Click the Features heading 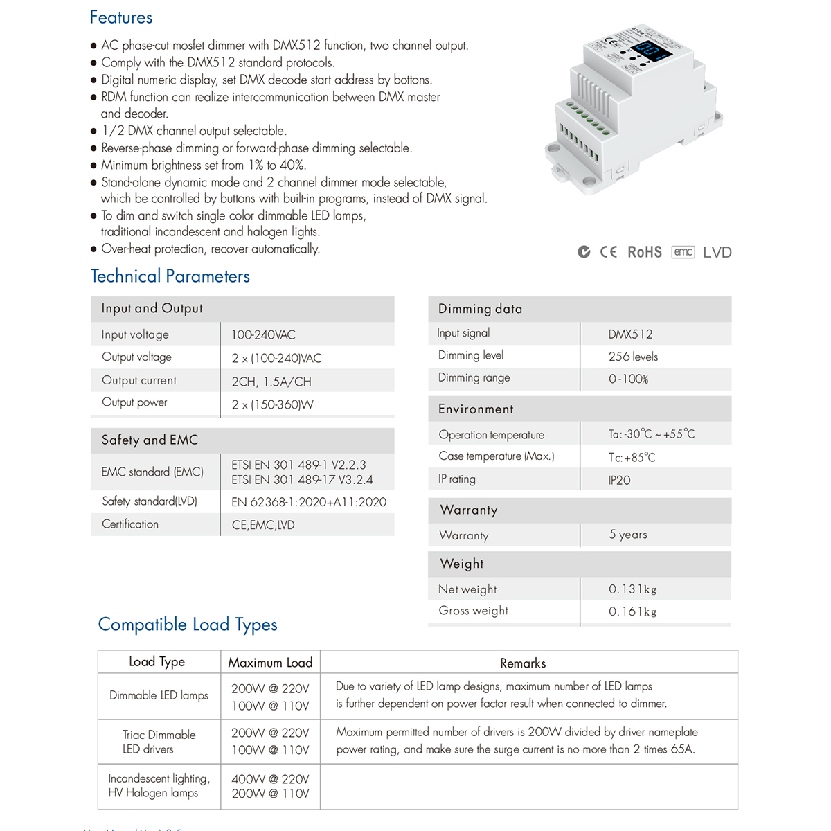click(x=121, y=18)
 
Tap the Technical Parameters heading click(x=170, y=276)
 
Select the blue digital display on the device click(x=650, y=51)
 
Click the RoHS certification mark click(x=645, y=252)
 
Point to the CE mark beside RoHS click(x=609, y=252)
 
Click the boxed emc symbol click(x=683, y=252)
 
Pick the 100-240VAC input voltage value click(x=263, y=334)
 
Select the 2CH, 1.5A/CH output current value click(x=271, y=382)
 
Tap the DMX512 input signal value click(x=630, y=334)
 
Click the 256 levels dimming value click(x=633, y=357)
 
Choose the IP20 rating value click(x=619, y=480)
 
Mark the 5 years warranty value click(x=628, y=535)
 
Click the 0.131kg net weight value click(x=632, y=589)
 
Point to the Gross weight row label click(x=473, y=611)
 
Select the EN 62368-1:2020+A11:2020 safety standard click(x=309, y=502)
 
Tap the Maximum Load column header click(x=270, y=663)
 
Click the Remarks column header click(x=523, y=663)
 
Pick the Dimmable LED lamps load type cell click(x=159, y=695)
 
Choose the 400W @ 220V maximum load click(x=270, y=779)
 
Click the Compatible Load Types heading click(x=188, y=625)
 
